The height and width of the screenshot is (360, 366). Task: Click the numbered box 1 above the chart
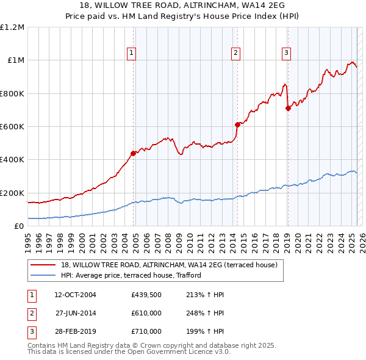click(132, 54)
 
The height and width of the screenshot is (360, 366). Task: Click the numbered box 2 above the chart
click(235, 54)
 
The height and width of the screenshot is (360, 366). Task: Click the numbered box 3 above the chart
click(286, 54)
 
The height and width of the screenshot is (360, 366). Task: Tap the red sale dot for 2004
click(133, 153)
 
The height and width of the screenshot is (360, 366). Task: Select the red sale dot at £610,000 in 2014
click(237, 124)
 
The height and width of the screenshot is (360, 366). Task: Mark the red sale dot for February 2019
click(288, 109)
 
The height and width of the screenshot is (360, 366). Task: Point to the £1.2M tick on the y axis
click(12, 27)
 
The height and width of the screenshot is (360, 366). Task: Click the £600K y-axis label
click(12, 127)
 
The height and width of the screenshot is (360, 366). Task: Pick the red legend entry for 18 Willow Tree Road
click(169, 265)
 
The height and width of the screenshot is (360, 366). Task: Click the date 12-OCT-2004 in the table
click(75, 295)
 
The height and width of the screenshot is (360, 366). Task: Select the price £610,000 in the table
click(146, 313)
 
